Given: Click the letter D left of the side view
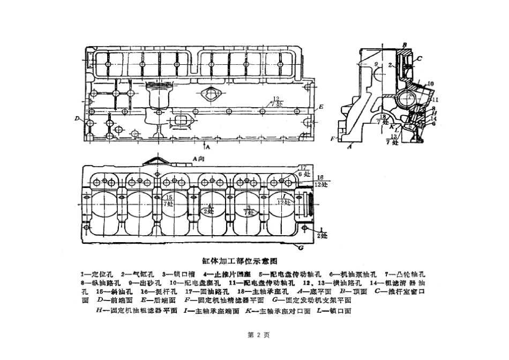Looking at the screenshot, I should tap(78, 118).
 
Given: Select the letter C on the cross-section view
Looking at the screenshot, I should tap(419, 58).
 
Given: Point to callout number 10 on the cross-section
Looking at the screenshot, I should tap(431, 84).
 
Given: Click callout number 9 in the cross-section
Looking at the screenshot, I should tap(376, 65).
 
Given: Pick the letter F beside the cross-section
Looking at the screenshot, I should tap(333, 138).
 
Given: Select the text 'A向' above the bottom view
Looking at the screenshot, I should tap(198, 158).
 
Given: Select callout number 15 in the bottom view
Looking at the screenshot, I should tap(169, 197).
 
